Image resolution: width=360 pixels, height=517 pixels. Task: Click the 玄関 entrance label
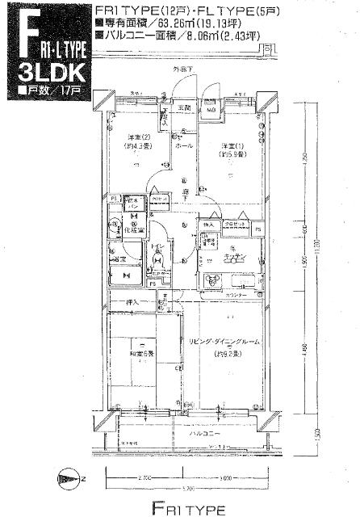click(184, 107)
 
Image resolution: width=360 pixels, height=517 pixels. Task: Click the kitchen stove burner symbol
click(213, 282)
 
